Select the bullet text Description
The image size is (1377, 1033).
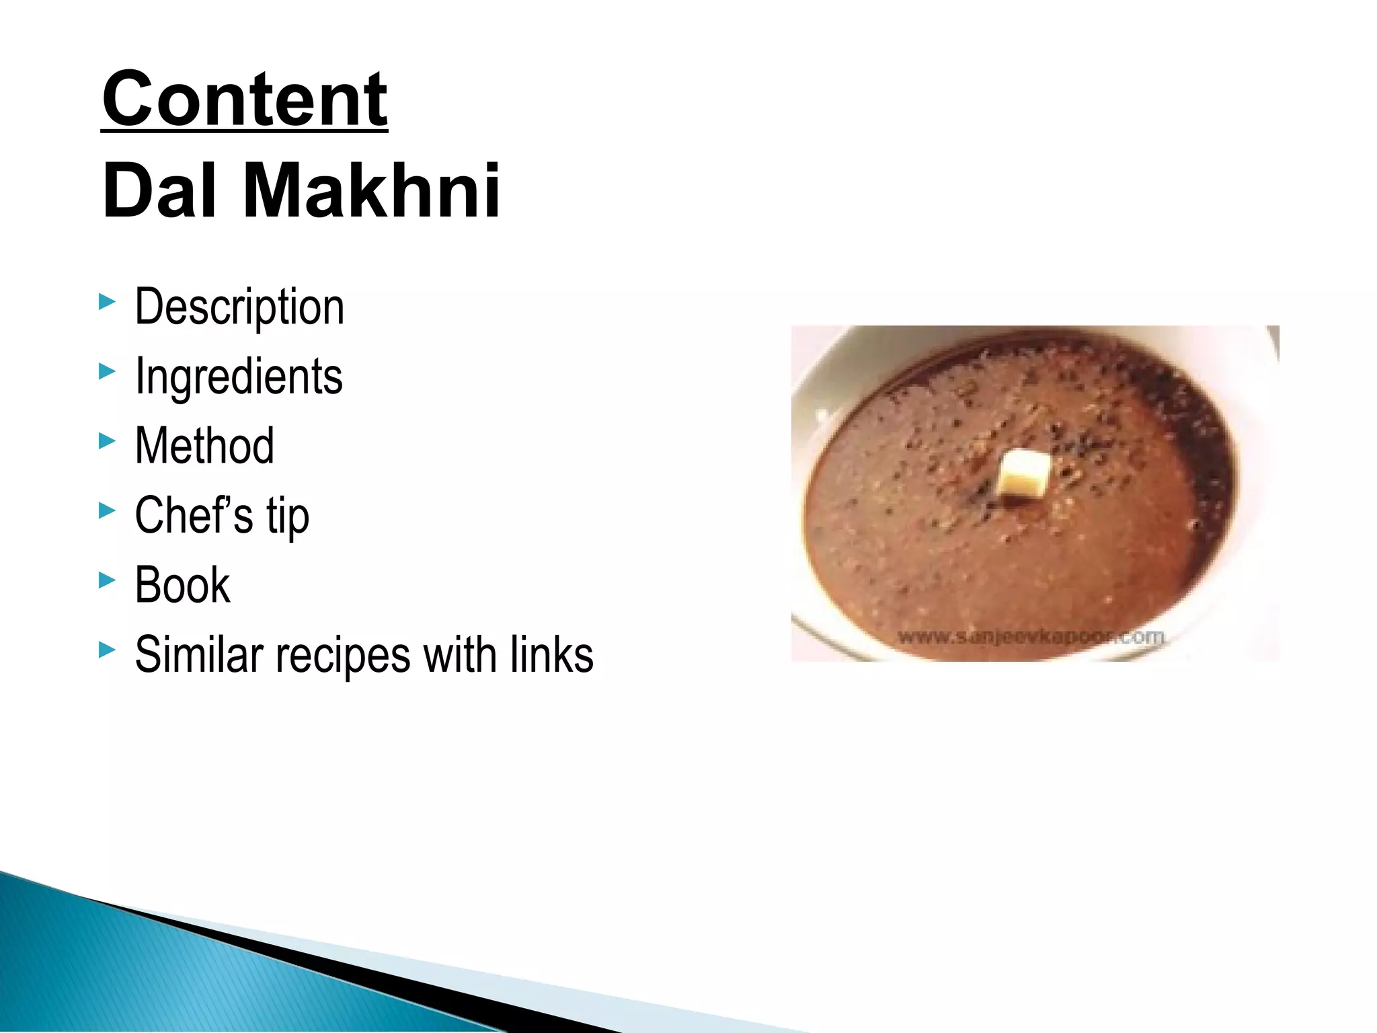[x=239, y=307]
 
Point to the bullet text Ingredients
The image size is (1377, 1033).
[x=239, y=377]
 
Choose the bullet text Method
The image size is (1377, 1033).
[x=204, y=446]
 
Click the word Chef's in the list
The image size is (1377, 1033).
[x=194, y=515]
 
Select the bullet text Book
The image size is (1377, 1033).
[x=182, y=584]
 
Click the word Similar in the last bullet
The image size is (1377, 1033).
[x=198, y=654]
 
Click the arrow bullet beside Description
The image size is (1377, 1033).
[x=107, y=302]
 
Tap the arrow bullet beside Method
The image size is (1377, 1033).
[x=107, y=441]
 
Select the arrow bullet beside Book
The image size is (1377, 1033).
[x=107, y=580]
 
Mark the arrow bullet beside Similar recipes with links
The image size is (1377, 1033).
[x=107, y=650]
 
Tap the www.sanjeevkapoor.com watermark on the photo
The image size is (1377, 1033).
[x=1030, y=636]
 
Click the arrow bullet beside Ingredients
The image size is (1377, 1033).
[x=107, y=371]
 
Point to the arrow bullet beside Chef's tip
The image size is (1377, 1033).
[x=107, y=510]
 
